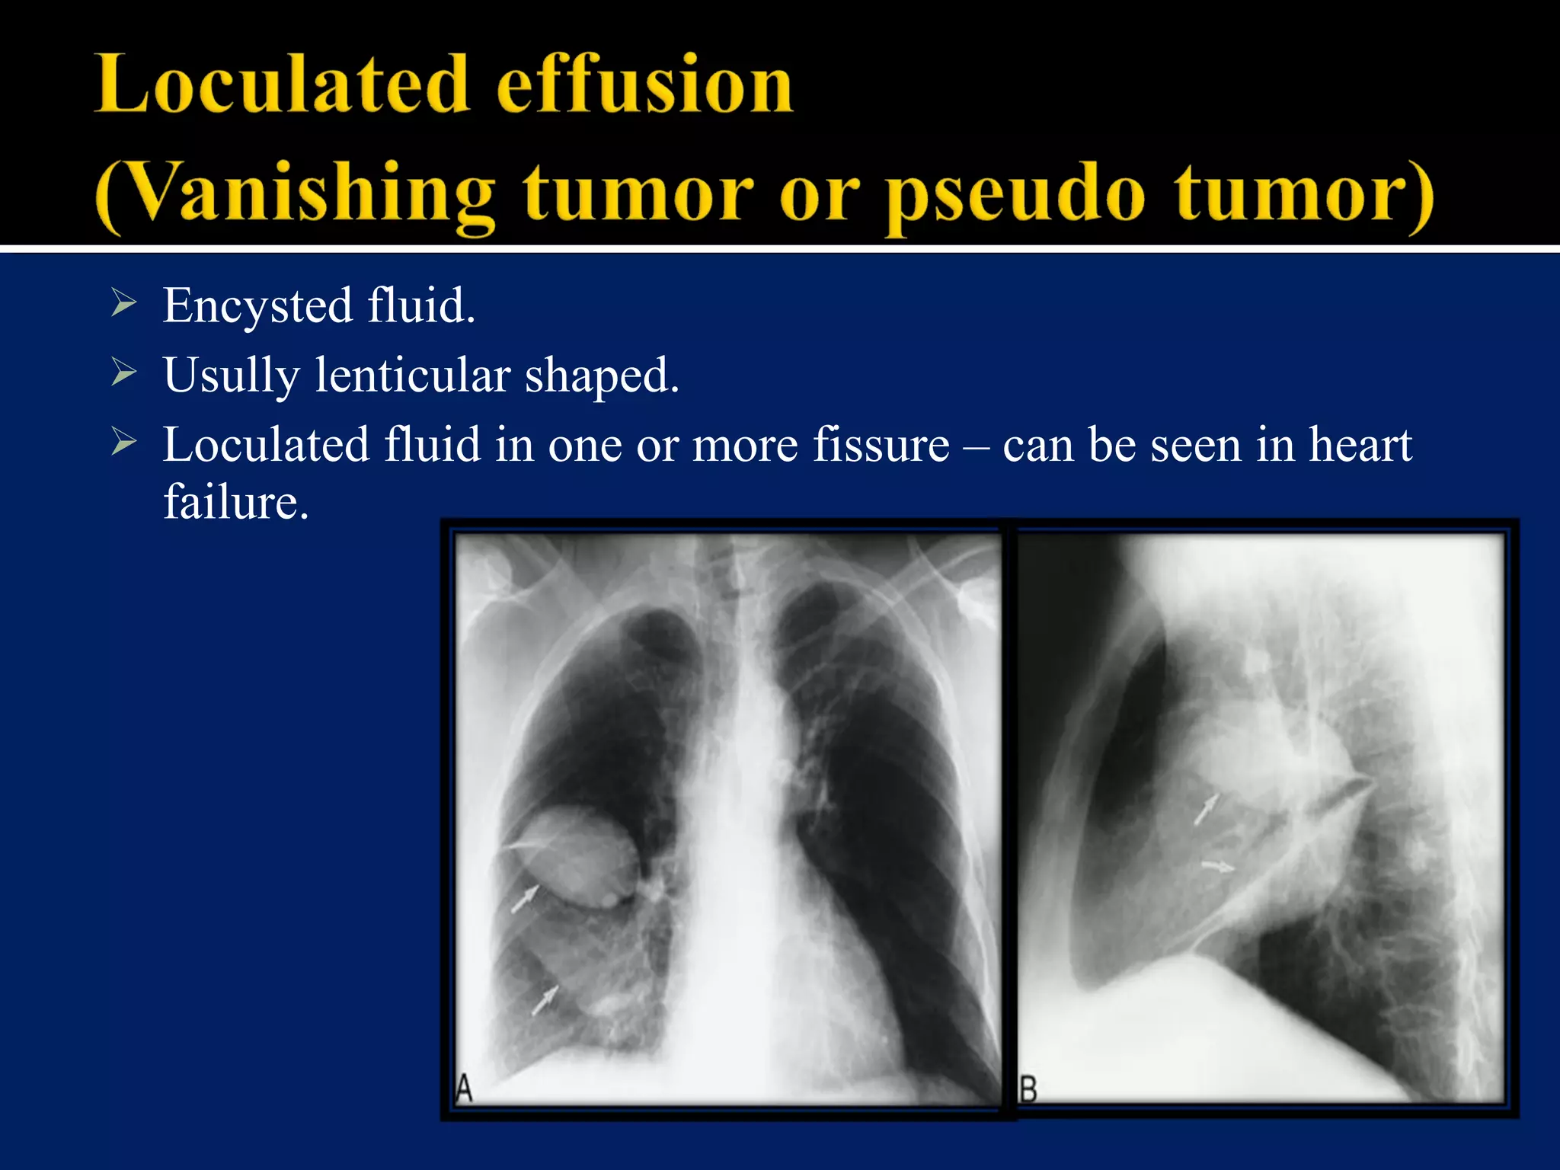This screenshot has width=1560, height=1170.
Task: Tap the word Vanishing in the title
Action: click(x=297, y=194)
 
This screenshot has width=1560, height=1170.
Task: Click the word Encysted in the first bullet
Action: click(x=257, y=306)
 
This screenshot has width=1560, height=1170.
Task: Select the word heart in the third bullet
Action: click(x=1360, y=445)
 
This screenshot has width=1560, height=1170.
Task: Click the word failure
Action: click(x=236, y=503)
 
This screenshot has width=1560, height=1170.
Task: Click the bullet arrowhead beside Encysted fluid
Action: click(x=123, y=302)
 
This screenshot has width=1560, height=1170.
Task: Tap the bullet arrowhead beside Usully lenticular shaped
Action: click(x=123, y=372)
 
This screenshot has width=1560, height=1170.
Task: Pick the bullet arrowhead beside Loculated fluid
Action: click(x=123, y=442)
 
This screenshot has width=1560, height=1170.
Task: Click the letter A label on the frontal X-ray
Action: click(x=464, y=1088)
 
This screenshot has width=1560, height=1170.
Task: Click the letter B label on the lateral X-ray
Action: click(x=1028, y=1089)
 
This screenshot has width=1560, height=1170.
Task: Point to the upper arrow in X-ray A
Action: click(x=524, y=899)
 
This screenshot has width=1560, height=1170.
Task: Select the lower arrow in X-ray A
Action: click(x=545, y=1000)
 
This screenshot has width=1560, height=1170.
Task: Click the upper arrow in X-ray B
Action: click(x=1206, y=809)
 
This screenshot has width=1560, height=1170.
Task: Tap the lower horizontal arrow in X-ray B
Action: click(x=1218, y=865)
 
